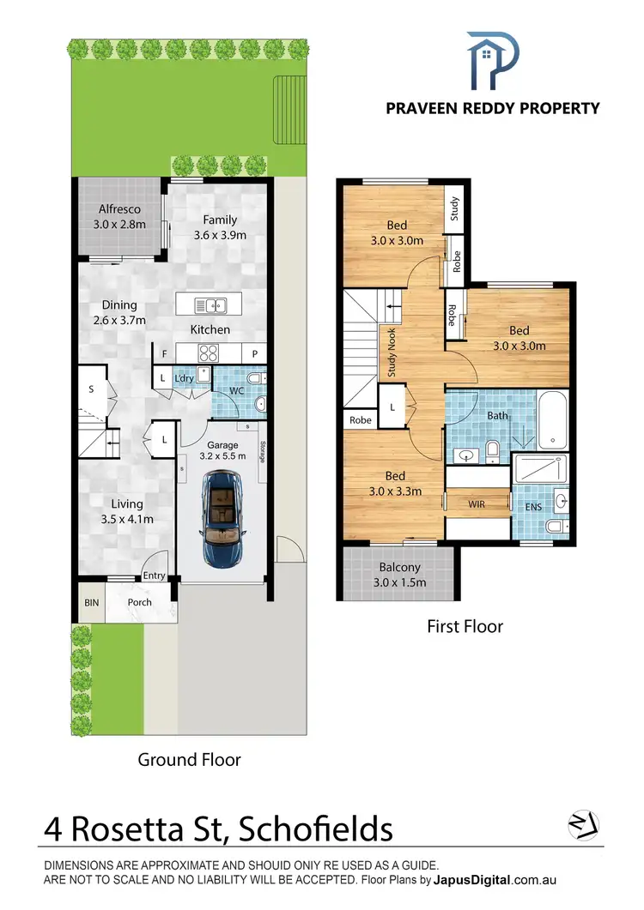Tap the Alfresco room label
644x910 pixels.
pos(118,208)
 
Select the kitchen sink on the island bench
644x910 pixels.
pos(210,304)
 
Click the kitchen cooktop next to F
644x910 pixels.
pos(209,353)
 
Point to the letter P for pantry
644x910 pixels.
pos(255,353)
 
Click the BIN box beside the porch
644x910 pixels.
pos(90,602)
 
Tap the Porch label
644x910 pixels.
pos(139,602)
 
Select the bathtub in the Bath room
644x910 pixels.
pos(553,420)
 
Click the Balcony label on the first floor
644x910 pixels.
pos(399,567)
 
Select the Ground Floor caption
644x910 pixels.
pos(189,760)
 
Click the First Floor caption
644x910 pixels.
pos(465,626)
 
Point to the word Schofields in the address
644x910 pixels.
pos(316,829)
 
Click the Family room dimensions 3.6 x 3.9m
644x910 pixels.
pos(220,235)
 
